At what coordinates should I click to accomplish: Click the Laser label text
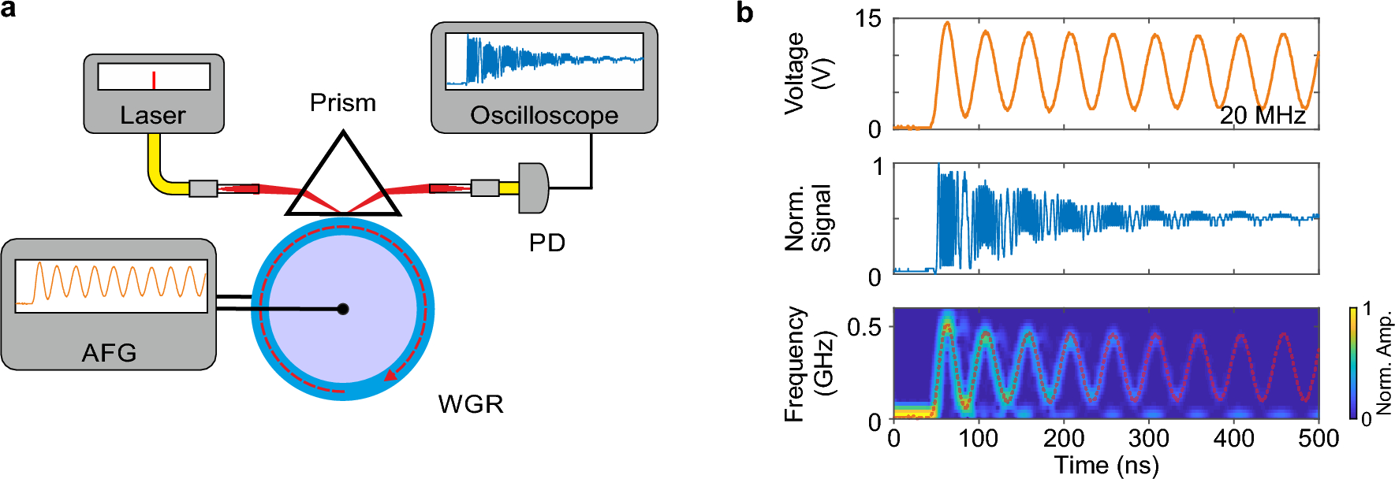(152, 116)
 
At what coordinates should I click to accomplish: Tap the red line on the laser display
(154, 80)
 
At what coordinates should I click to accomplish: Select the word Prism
(342, 103)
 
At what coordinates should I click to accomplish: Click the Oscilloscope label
(544, 116)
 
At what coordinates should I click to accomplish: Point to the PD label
(546, 243)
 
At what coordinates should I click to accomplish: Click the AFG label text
(109, 352)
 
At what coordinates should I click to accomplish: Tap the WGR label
(470, 404)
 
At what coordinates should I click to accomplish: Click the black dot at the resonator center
(343, 309)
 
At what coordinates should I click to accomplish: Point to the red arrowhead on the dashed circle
(390, 375)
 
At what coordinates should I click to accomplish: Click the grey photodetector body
(533, 188)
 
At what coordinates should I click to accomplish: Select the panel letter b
(744, 13)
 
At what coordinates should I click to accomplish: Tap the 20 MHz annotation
(1263, 116)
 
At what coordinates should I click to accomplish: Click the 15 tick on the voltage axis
(868, 19)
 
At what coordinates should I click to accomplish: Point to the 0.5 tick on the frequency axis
(863, 326)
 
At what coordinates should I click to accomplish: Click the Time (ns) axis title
(1106, 465)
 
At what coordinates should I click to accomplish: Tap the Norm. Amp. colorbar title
(1384, 363)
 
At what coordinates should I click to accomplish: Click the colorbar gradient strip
(1353, 362)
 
